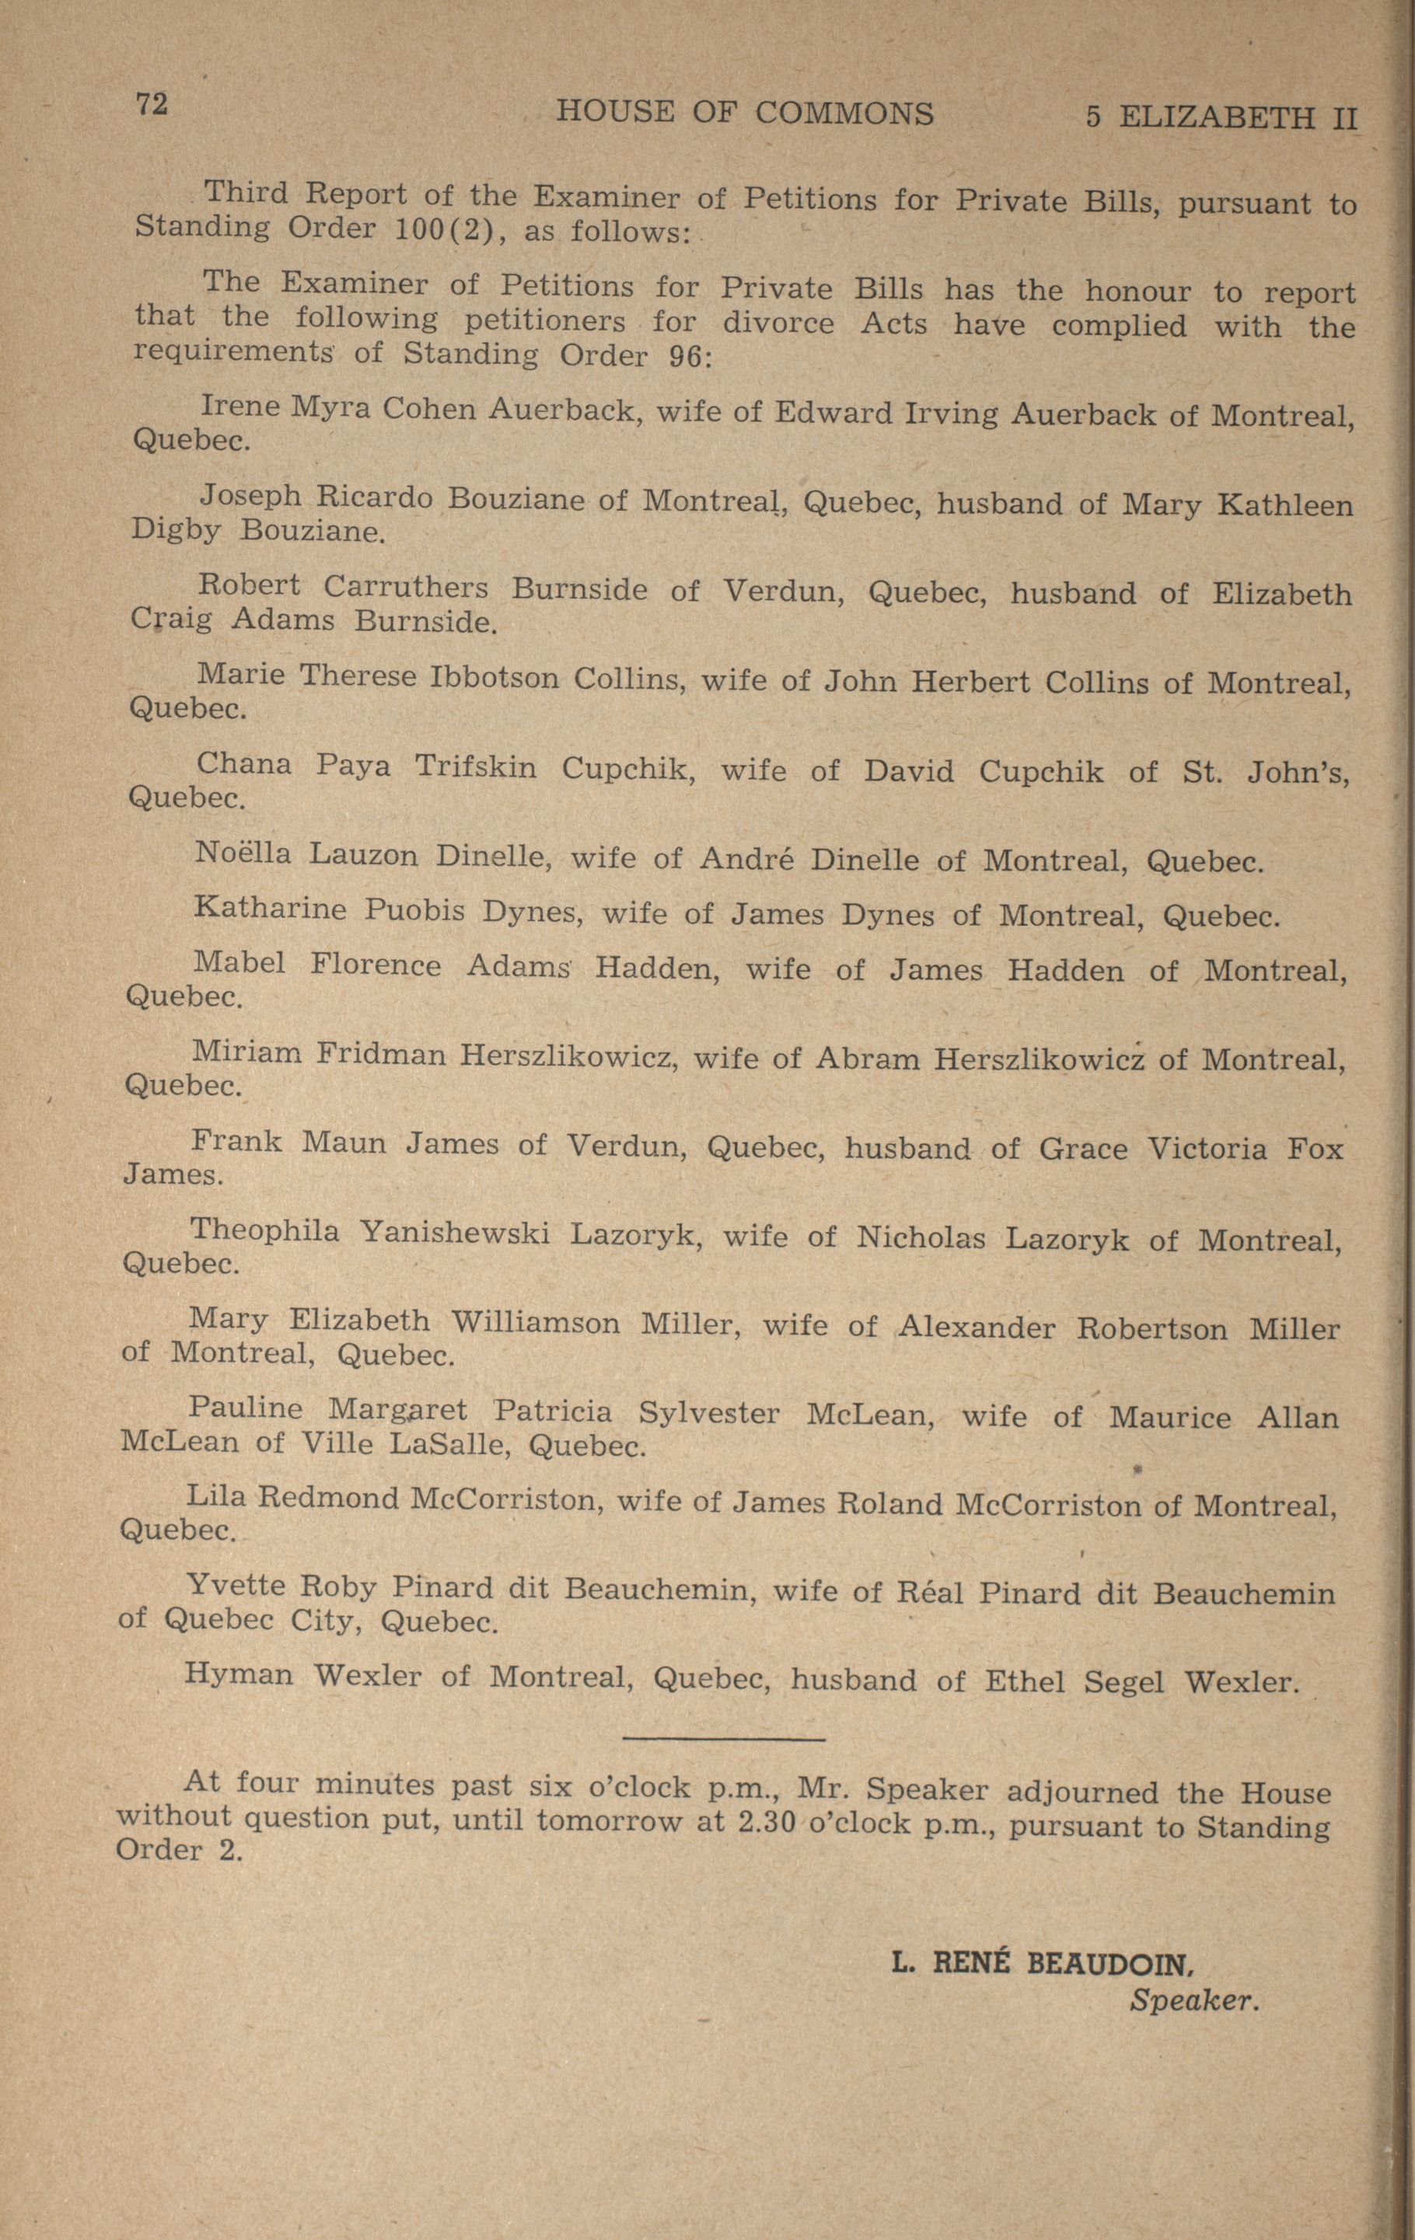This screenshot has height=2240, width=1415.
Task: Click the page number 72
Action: tap(152, 104)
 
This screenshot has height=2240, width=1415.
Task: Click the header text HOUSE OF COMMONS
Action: tap(744, 113)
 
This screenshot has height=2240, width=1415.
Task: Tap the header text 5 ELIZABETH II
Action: tap(1221, 117)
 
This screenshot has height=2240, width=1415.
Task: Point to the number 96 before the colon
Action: tap(687, 358)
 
